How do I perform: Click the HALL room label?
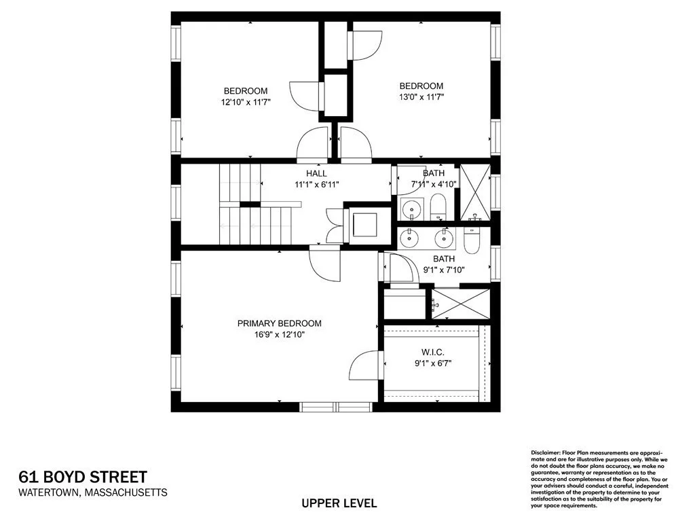(x=316, y=174)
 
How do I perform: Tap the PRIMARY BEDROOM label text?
(x=279, y=323)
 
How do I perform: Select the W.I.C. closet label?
(x=432, y=351)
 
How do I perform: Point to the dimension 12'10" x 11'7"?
(x=246, y=103)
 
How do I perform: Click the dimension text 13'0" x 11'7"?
(x=421, y=98)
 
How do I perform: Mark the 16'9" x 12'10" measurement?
(x=279, y=334)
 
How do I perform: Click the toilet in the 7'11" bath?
(x=438, y=206)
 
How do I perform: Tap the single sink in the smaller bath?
(x=409, y=207)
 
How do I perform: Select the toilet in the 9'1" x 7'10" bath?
(x=472, y=240)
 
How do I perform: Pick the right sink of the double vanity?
(x=445, y=238)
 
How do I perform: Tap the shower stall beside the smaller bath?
(x=475, y=194)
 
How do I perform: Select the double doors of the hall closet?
(x=335, y=226)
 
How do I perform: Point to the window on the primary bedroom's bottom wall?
(x=337, y=407)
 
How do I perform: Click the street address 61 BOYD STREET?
(x=82, y=477)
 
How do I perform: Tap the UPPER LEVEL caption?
(x=339, y=503)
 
